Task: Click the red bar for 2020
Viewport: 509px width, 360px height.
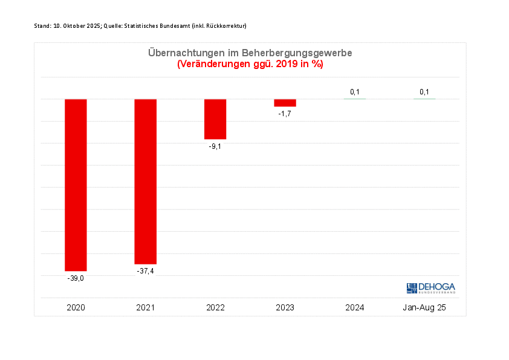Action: (76, 185)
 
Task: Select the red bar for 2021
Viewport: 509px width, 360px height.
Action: (145, 181)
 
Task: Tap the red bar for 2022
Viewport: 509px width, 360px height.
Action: (215, 119)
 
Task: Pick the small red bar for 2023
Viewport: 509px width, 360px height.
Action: (285, 103)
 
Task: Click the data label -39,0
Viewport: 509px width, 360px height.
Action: (76, 278)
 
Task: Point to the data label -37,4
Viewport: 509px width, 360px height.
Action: (145, 271)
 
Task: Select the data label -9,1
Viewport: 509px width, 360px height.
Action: (215, 146)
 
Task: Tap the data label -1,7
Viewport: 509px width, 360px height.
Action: (285, 114)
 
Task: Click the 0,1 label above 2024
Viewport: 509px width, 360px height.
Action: (355, 92)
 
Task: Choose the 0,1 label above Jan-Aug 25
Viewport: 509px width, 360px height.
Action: (424, 92)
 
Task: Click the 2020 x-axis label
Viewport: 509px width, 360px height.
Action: (76, 308)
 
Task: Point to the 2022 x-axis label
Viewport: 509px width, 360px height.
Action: (215, 308)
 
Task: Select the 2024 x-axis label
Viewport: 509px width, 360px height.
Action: (355, 308)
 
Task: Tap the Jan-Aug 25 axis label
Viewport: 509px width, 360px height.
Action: (424, 308)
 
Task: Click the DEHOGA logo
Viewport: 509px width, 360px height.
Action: (431, 288)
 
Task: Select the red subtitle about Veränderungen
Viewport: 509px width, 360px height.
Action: (250, 64)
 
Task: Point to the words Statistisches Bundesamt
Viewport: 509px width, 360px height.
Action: (157, 25)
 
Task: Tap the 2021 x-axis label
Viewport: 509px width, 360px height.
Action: (145, 308)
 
